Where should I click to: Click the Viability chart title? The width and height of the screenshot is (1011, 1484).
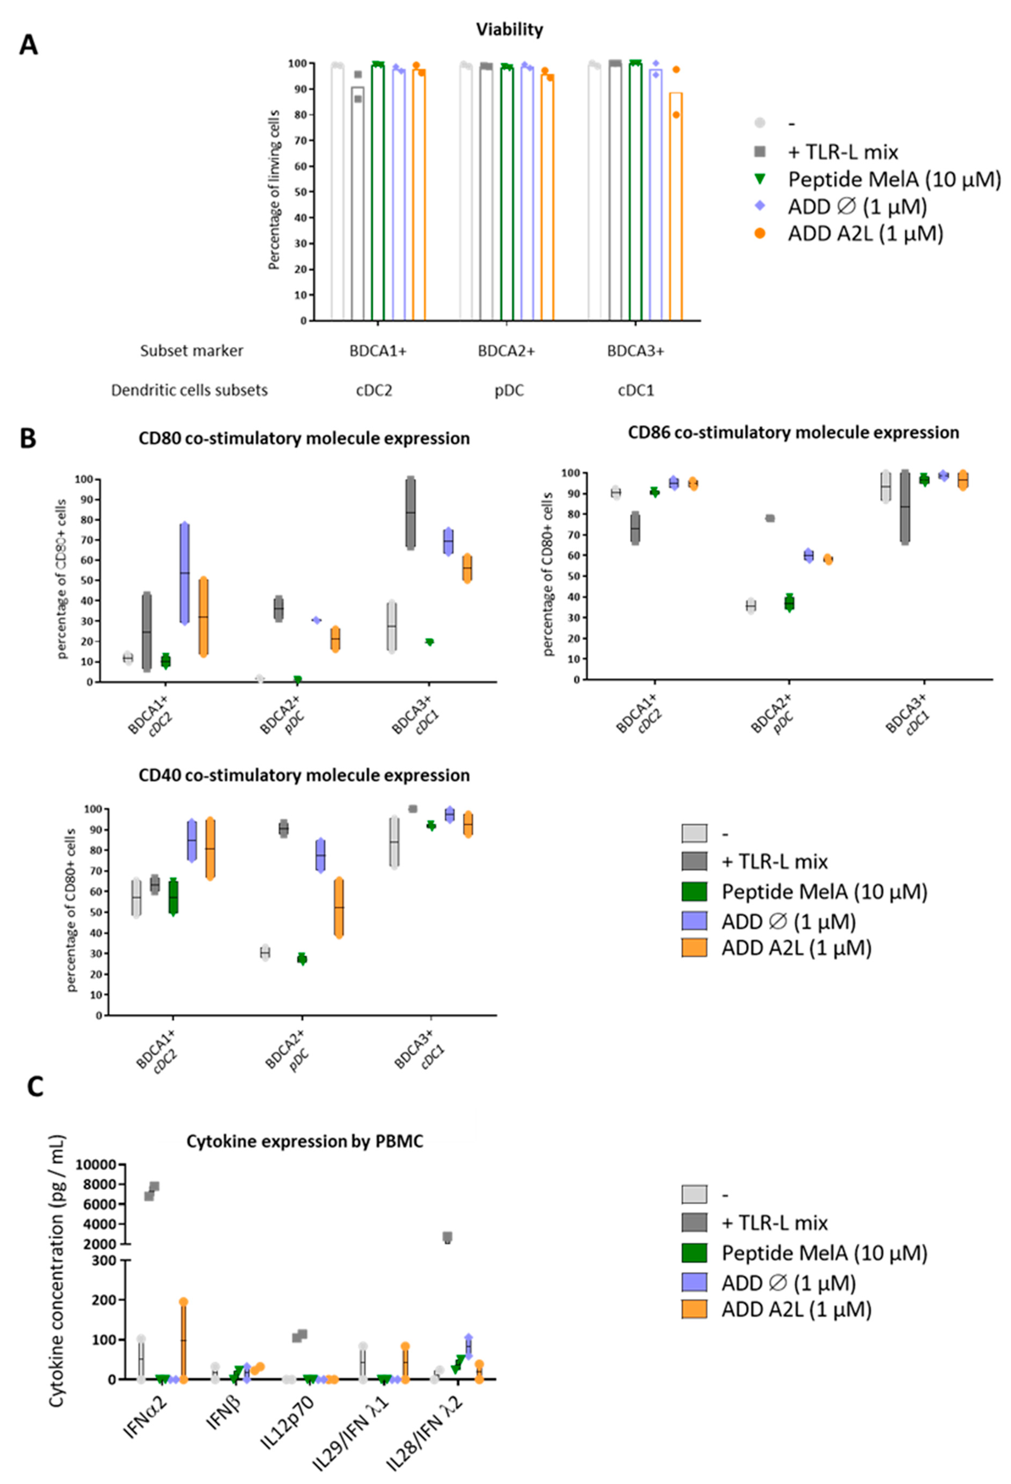tap(509, 29)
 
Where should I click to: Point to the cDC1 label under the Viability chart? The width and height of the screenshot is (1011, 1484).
tap(636, 390)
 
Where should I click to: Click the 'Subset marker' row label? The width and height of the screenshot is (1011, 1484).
tap(191, 351)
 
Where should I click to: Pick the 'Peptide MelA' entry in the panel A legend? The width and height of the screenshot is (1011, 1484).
tap(893, 179)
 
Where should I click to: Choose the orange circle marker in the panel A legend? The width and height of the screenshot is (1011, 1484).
tap(760, 234)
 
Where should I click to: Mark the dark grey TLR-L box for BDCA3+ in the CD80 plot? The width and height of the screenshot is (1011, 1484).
tap(410, 513)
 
